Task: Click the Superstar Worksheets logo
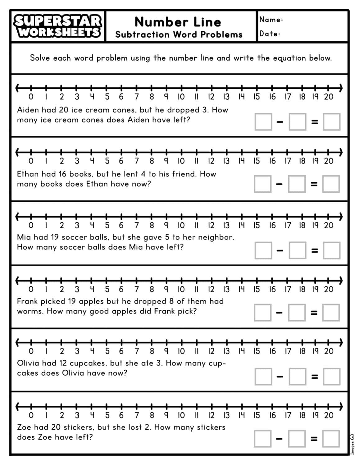(58, 26)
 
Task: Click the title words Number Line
(178, 22)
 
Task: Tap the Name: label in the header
(271, 20)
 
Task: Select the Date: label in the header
(270, 34)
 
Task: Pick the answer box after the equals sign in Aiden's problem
(331, 122)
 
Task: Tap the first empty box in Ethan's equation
(263, 184)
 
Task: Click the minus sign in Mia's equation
(280, 250)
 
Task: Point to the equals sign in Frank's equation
(314, 313)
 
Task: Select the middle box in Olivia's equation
(297, 377)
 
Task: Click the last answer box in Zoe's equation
(331, 439)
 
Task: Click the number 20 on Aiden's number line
(329, 97)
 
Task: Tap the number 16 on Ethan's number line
(272, 161)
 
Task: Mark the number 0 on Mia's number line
(31, 225)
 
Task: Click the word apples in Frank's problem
(92, 301)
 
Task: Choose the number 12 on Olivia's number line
(211, 351)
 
